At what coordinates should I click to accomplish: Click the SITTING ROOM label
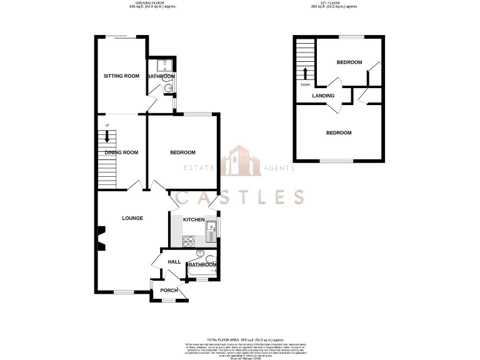[121, 76]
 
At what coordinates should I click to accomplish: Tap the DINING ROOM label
[121, 152]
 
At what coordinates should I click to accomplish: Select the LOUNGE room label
[132, 218]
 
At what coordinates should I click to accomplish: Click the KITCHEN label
[193, 220]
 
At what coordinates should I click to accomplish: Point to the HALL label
[174, 261]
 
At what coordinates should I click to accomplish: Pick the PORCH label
[169, 290]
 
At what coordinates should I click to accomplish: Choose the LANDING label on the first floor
[324, 96]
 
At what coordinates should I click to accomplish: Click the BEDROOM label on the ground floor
[182, 152]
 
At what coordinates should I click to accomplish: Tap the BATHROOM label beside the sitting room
[161, 77]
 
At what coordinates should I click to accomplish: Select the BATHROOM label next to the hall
[201, 265]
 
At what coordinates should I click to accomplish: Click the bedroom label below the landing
[339, 132]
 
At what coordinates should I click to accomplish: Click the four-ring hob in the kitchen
[189, 239]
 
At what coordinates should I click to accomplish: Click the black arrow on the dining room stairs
[107, 136]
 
